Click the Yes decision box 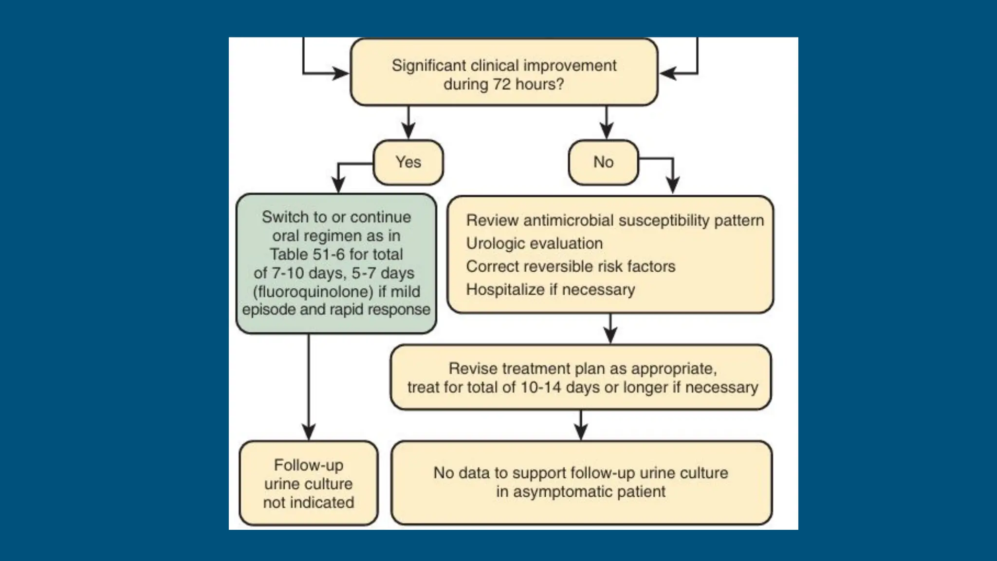tap(408, 162)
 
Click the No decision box tap(603, 162)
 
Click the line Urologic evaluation tap(534, 243)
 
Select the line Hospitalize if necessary tap(550, 290)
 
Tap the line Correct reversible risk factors tap(571, 266)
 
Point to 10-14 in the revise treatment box tap(541, 388)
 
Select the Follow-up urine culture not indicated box tap(308, 484)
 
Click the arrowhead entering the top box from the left tap(341, 74)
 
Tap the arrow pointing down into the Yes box tap(408, 129)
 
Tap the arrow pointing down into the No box tap(606, 129)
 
